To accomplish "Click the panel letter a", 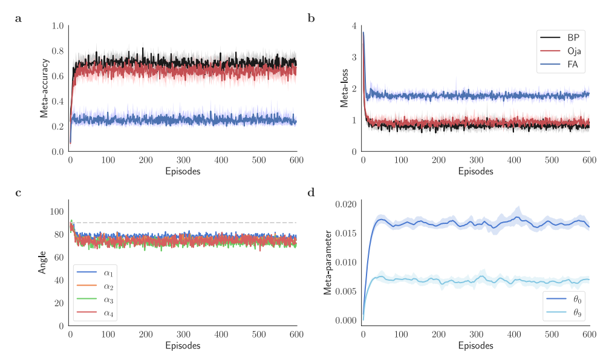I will [18, 19].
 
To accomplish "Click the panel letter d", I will [311, 193].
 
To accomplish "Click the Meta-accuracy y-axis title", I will [44, 88].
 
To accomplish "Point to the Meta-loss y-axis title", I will [344, 88].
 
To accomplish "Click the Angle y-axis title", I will [43, 263].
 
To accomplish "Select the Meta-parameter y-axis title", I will [327, 263].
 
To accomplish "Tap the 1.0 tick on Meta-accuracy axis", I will [58, 26].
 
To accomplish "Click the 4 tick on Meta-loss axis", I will [354, 26].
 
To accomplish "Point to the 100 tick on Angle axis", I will [56, 212].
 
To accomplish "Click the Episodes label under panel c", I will [183, 346].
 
